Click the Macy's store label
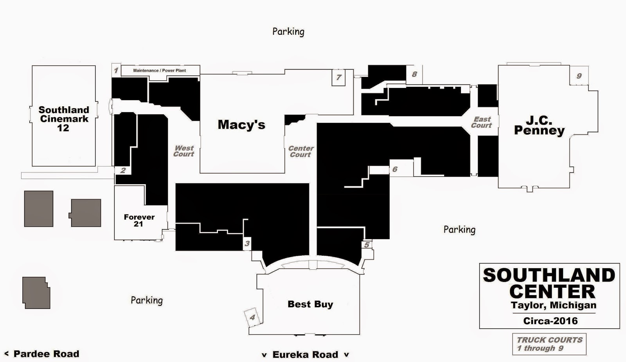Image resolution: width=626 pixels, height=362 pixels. coord(241,125)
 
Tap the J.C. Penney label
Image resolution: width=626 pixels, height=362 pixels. coord(539,126)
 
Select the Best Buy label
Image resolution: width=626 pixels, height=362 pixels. coord(310,304)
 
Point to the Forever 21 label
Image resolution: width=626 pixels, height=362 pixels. coord(139,220)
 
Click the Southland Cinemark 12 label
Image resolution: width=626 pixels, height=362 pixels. coord(64,119)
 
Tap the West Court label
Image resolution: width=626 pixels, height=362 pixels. coord(183,151)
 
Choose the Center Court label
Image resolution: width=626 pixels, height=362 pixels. coord(301,151)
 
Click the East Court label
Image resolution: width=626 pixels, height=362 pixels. coord(481,122)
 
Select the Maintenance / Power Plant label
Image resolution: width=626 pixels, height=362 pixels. coord(160,70)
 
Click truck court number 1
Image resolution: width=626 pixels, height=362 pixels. coord(116,70)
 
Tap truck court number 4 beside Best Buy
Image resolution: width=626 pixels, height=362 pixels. coord(252,317)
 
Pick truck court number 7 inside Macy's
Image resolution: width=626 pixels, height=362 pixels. coord(339,77)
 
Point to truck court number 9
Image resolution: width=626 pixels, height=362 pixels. coord(579,76)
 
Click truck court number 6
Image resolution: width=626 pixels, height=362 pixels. coord(395,169)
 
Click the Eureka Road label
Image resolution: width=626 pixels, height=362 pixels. coord(305,355)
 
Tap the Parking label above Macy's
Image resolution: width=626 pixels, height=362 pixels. coord(288,32)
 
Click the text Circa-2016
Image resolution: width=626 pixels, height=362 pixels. coord(550,321)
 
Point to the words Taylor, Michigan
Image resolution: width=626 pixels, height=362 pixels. coord(554,305)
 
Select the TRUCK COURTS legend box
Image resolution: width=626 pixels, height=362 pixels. coord(549,344)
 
